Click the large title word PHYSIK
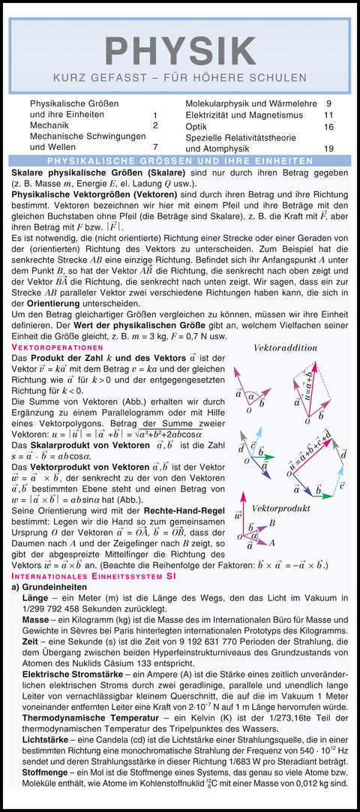(x=179, y=50)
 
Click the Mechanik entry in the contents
(x=49, y=125)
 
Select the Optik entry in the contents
(x=196, y=127)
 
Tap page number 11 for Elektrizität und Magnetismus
(x=328, y=116)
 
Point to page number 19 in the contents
(x=328, y=149)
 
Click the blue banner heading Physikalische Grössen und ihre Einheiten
(x=180, y=161)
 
